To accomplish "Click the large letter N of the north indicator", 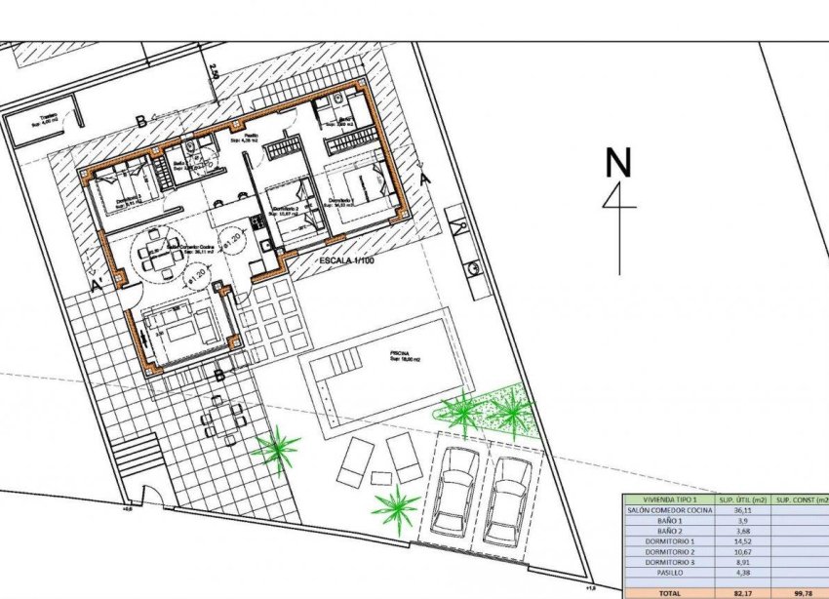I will [616, 163].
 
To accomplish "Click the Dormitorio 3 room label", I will [123, 199].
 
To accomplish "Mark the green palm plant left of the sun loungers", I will [277, 450].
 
